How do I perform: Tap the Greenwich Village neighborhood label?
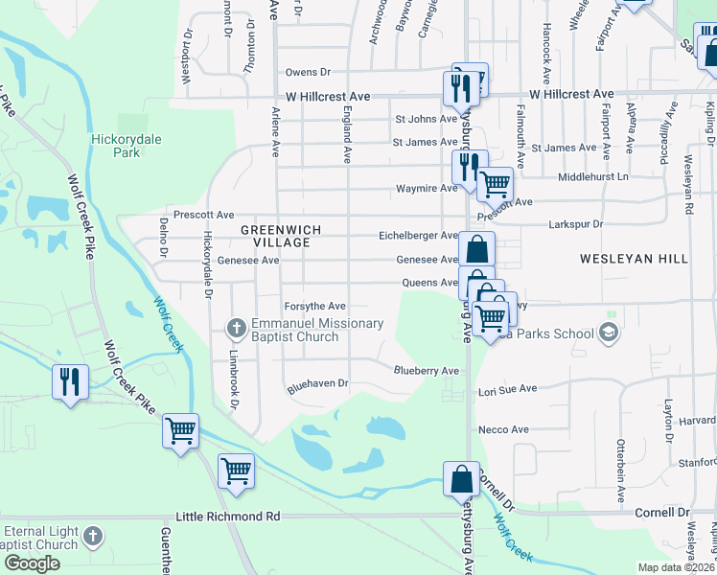tap(275, 236)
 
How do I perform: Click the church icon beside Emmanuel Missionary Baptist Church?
tap(237, 329)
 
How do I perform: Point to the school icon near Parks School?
tap(607, 332)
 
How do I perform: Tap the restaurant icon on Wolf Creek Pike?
tap(69, 381)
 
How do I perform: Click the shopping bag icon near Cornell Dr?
tap(461, 477)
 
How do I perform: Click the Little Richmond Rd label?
tap(228, 517)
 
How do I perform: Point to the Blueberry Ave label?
tap(427, 370)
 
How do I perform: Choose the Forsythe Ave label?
tap(314, 306)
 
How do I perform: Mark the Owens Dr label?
tap(307, 72)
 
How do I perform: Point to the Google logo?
tap(32, 563)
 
